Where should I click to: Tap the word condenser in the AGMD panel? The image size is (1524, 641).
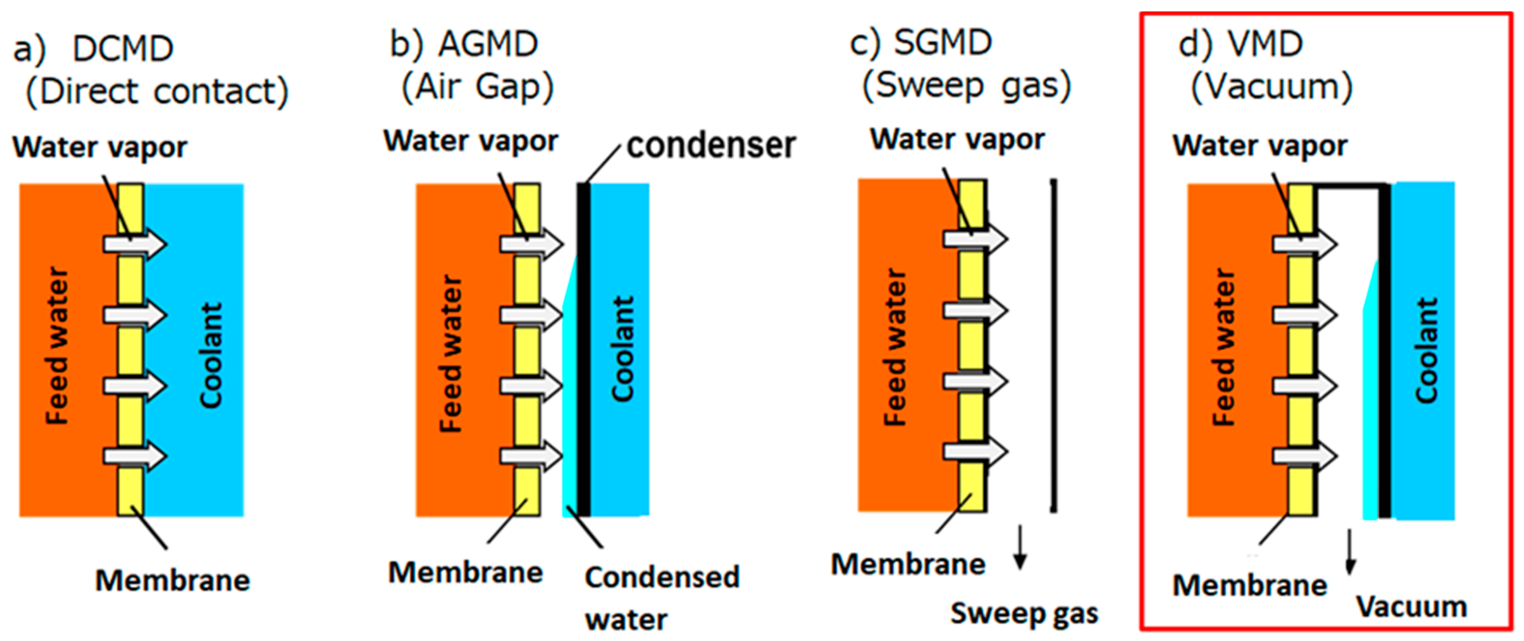[x=711, y=145]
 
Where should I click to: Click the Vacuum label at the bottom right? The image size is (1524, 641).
[x=1411, y=607]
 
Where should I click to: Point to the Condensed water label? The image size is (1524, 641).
[x=662, y=598]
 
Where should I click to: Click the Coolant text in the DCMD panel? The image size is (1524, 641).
[x=211, y=355]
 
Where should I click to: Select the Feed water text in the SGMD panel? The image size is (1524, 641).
[x=894, y=347]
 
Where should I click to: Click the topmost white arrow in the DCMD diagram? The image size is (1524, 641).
[x=135, y=243]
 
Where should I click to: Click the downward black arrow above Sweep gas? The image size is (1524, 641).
[x=1020, y=547]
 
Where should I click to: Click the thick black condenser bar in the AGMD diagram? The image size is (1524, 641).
[x=583, y=349]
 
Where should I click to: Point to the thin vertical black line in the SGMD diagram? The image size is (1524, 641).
[x=1054, y=346]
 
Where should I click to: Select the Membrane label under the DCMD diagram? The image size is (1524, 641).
[x=173, y=581]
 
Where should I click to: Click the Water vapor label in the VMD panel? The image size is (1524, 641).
[x=1260, y=145]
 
